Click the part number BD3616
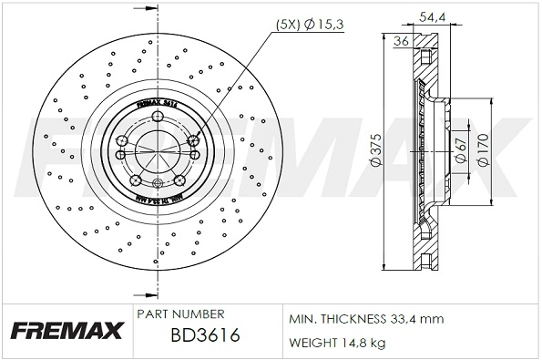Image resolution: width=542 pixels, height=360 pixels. coord(205,335)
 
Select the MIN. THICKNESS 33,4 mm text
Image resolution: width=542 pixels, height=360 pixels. coord(365,320)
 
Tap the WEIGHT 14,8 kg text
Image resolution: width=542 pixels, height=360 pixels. coord(337,343)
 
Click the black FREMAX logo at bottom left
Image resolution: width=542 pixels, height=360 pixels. coord(66,330)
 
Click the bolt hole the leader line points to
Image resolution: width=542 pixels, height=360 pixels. coord(193,140)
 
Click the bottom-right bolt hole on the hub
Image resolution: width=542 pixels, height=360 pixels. coord(180,181)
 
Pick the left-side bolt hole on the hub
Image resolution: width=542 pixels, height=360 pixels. coord(122,141)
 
